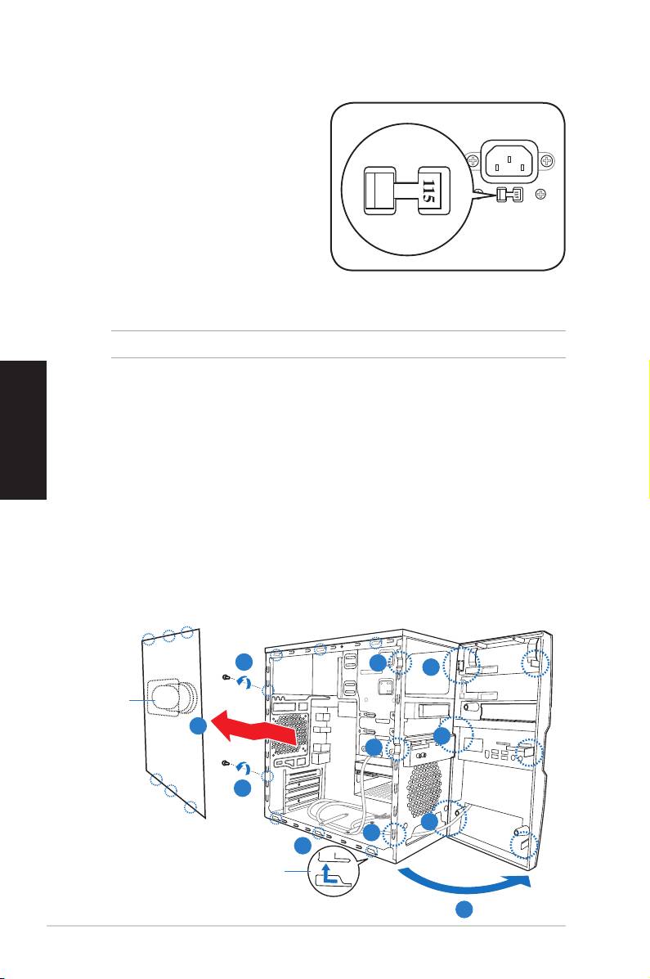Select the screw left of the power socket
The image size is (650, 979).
[473, 161]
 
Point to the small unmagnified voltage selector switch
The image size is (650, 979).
[508, 195]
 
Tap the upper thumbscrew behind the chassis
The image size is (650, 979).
[226, 677]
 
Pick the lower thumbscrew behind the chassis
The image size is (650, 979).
[226, 764]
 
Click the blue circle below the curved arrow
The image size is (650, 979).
[464, 910]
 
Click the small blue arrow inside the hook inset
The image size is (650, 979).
[326, 873]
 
